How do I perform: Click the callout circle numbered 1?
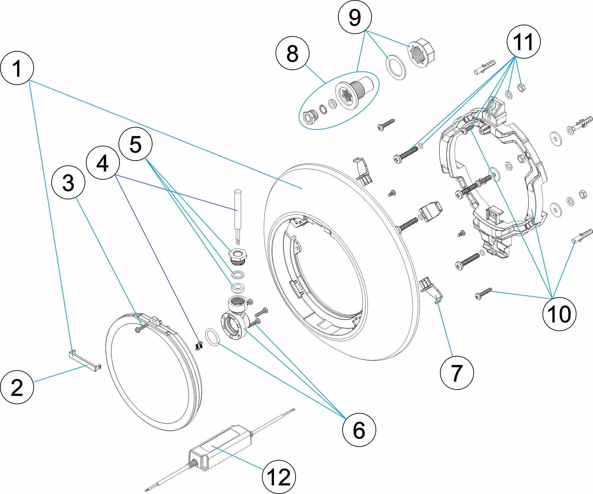[x=17, y=68]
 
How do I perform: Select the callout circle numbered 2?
[x=17, y=387]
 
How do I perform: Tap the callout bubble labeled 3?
[x=68, y=182]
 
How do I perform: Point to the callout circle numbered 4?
[x=103, y=163]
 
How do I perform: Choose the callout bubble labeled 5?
[x=136, y=144]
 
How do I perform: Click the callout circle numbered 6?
[x=359, y=430]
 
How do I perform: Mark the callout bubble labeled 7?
[x=457, y=373]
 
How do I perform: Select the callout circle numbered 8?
[x=292, y=53]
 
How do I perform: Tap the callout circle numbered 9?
[x=355, y=17]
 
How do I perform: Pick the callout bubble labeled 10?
[x=559, y=314]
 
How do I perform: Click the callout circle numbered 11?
[x=523, y=42]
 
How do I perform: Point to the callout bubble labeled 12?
[x=279, y=477]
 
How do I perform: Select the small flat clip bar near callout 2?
[x=85, y=360]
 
